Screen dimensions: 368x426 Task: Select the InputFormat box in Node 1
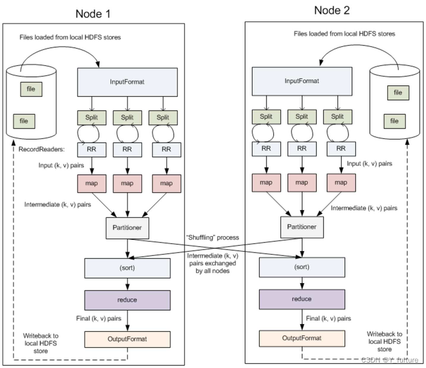pos(127,82)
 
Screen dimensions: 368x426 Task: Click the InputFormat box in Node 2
pos(302,81)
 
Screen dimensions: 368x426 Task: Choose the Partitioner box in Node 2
pos(302,226)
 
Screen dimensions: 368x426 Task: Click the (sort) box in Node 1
pos(127,267)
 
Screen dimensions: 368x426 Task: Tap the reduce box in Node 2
pos(302,299)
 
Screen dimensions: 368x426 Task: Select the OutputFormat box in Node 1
pos(127,339)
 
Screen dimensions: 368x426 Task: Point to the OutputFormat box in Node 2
pos(302,338)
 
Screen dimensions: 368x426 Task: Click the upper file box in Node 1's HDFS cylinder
pos(31,90)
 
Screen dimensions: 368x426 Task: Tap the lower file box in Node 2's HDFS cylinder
pos(394,121)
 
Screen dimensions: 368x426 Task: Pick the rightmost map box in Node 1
pos(166,183)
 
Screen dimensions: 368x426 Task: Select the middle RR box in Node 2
pos(302,148)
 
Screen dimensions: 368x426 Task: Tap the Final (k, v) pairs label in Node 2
pos(328,318)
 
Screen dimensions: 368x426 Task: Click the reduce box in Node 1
pos(127,299)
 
